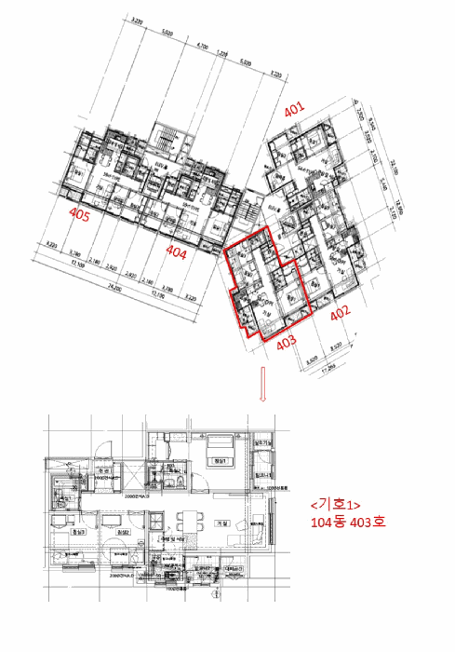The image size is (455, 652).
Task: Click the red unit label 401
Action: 294,110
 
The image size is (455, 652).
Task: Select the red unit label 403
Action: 286,342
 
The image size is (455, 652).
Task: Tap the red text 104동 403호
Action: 348,523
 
